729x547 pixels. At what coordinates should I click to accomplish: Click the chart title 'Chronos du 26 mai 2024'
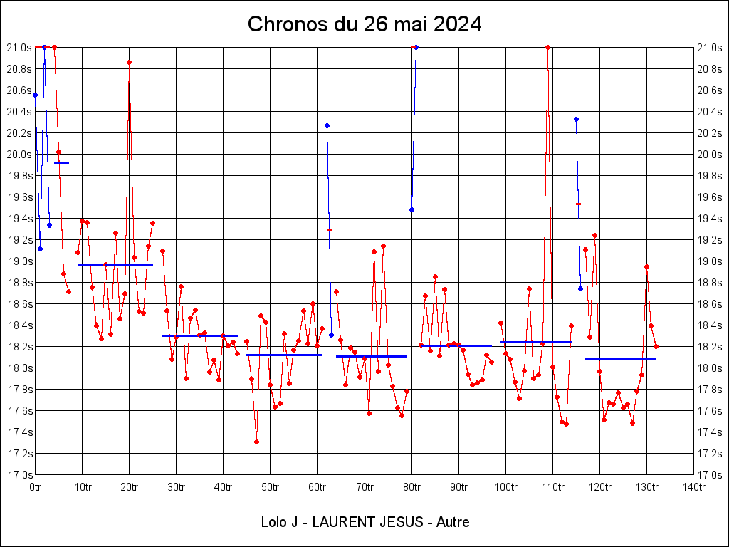tap(364, 24)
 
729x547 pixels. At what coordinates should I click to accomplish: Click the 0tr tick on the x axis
tap(36, 486)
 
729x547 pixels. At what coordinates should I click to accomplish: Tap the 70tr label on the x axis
tap(364, 486)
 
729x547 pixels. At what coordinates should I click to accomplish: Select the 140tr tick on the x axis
tap(693, 486)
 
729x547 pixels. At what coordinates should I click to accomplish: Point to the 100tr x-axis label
tap(505, 486)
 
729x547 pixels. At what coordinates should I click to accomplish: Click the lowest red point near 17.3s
tap(256, 442)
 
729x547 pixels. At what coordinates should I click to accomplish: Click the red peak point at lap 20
tap(129, 62)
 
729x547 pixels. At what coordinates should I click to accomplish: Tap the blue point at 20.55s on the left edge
tap(35, 95)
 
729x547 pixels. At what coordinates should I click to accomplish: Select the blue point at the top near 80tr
tap(416, 47)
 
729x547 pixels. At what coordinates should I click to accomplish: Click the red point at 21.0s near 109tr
tap(547, 47)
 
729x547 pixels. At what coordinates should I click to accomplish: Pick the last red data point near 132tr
tap(656, 346)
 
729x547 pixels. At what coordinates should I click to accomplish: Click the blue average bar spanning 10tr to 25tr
tap(115, 265)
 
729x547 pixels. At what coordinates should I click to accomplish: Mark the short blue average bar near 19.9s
tap(61, 162)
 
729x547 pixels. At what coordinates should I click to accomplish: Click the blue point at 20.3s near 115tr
tap(576, 119)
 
